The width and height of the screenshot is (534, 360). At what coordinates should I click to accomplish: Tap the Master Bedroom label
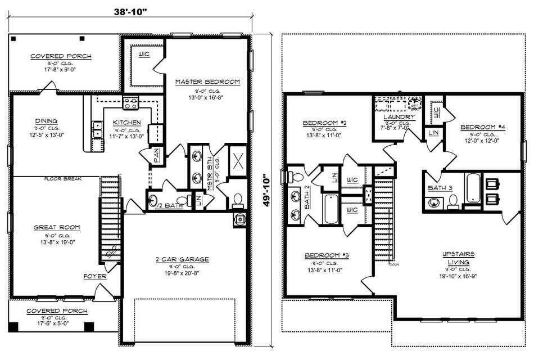click(207, 82)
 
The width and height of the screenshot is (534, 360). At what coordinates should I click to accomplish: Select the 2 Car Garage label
click(182, 259)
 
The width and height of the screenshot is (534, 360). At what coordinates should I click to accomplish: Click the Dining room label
click(46, 121)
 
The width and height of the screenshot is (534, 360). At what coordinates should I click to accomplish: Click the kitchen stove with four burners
click(130, 102)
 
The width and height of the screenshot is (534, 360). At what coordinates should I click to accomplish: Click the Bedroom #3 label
click(327, 255)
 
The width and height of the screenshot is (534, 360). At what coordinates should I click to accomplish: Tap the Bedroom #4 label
click(482, 127)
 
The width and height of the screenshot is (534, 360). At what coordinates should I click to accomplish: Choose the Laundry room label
click(399, 117)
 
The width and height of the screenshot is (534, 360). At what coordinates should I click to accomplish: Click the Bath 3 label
click(440, 187)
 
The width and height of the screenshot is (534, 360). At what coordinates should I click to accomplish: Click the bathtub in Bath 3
click(472, 191)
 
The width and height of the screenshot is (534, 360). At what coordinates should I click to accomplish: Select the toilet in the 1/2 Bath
click(182, 200)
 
